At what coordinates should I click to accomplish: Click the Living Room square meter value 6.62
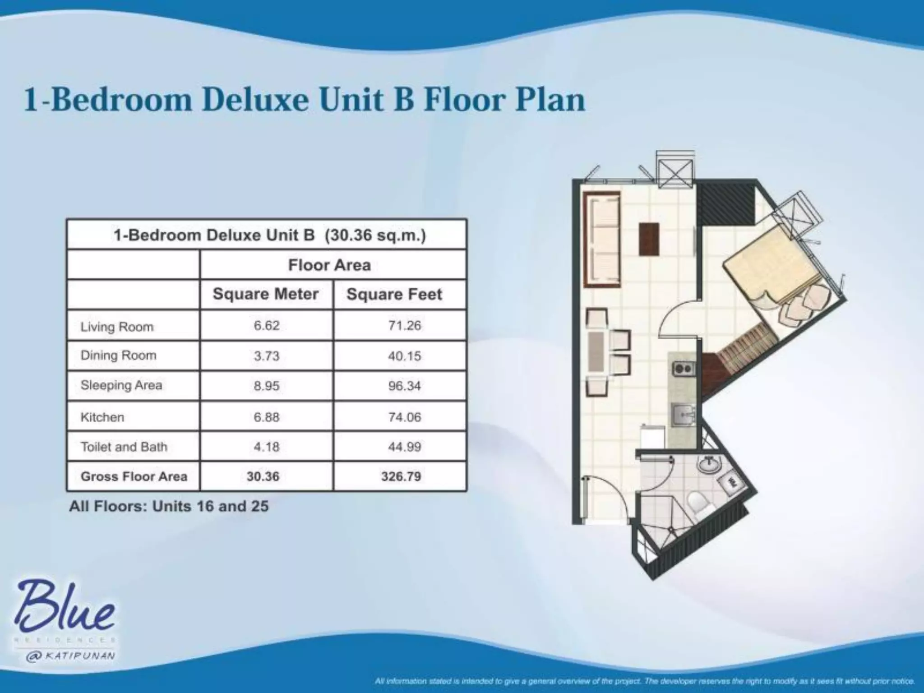266,325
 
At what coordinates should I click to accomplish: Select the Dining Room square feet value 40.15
404,356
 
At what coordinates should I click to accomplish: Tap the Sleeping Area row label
121,385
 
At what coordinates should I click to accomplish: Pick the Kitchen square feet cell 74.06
404,417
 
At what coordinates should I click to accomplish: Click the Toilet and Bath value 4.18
266,447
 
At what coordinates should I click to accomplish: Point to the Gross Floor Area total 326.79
401,476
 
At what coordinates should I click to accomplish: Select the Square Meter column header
266,294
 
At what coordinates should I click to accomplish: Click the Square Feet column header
394,294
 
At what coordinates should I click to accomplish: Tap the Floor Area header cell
329,265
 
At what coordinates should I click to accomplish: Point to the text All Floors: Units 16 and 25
169,506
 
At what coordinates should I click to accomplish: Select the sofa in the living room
602,239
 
